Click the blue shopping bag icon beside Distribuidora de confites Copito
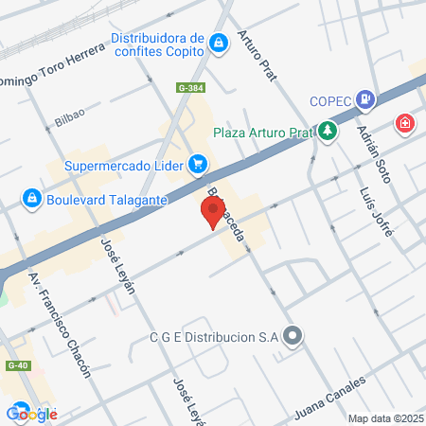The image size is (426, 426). tap(219, 44)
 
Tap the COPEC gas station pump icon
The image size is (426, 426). tap(364, 99)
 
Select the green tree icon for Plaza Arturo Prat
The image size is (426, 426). tap(328, 131)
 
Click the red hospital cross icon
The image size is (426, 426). tap(405, 123)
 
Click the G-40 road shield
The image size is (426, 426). tap(15, 364)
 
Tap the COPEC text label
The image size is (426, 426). tap(329, 102)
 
